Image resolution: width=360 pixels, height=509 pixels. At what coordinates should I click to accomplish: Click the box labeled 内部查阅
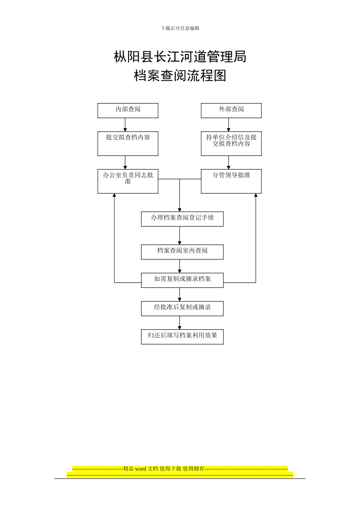pos(128,110)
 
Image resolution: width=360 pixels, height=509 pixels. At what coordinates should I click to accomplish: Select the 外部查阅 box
pos(231,110)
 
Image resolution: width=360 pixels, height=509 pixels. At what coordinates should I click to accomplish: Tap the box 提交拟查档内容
pos(128,143)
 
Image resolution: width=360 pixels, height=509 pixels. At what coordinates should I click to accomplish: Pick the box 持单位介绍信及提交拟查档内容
pos(231,143)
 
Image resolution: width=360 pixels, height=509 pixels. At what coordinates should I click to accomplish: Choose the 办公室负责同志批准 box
pos(128,181)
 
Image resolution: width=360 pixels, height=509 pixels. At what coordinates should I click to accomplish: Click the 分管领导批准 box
pos(231,181)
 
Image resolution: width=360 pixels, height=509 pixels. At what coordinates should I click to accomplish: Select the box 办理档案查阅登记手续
pos(182,219)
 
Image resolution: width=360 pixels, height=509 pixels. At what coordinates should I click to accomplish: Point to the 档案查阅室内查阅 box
pos(182,252)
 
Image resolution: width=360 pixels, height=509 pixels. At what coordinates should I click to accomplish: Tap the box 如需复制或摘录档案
pos(182,280)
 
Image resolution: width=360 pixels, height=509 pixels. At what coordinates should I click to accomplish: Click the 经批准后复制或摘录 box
pos(182,308)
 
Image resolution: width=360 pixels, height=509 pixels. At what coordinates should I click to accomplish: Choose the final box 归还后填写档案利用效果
pos(182,337)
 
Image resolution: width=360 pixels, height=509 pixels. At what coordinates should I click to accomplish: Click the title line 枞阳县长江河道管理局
pos(180,57)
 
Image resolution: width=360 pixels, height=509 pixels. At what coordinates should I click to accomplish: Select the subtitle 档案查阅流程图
pos(180,76)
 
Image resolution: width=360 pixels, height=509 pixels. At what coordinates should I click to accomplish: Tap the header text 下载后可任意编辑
pos(180,28)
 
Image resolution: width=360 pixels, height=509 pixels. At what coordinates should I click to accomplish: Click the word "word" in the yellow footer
pos(140,469)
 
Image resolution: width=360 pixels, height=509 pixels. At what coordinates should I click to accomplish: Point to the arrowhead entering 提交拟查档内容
pos(125,130)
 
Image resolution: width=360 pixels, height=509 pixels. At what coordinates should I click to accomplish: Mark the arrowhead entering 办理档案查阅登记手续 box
pos(180,210)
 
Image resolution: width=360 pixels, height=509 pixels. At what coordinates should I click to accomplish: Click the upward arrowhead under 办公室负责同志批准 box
pos(114,195)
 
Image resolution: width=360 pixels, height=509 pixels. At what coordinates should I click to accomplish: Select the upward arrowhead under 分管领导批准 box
pos(256,195)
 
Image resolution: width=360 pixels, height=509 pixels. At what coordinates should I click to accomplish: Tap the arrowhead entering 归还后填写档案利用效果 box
pos(180,328)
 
